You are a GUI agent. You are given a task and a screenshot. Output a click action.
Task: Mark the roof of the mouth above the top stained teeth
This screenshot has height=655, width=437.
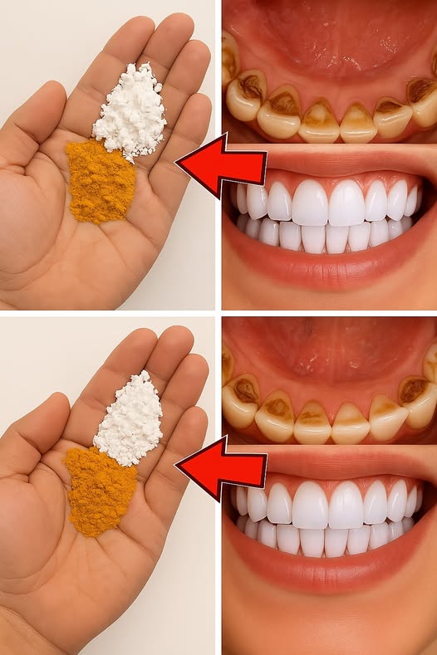click(x=328, y=42)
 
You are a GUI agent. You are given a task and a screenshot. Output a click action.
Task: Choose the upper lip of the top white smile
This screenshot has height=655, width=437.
click(x=332, y=163)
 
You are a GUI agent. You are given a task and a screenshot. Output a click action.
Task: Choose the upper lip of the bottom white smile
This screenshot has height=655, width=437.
click(x=332, y=465)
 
